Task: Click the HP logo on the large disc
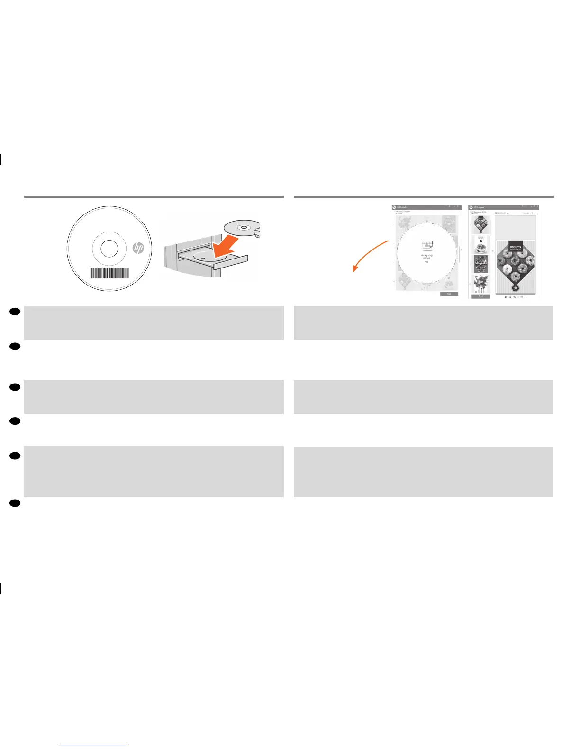click(x=138, y=248)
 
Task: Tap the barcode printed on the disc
click(x=109, y=274)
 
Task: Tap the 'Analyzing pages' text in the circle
click(x=426, y=257)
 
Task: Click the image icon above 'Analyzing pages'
click(x=427, y=245)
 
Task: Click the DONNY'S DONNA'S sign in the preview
click(x=515, y=248)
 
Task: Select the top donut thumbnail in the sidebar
click(x=480, y=225)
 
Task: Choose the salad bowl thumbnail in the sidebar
click(x=480, y=244)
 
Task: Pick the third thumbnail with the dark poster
click(x=480, y=264)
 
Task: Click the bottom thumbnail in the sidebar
click(x=480, y=284)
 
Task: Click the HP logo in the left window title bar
click(x=394, y=207)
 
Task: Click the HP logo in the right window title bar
click(x=471, y=207)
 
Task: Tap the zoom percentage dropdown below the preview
click(x=522, y=297)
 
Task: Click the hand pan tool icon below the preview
click(x=505, y=297)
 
